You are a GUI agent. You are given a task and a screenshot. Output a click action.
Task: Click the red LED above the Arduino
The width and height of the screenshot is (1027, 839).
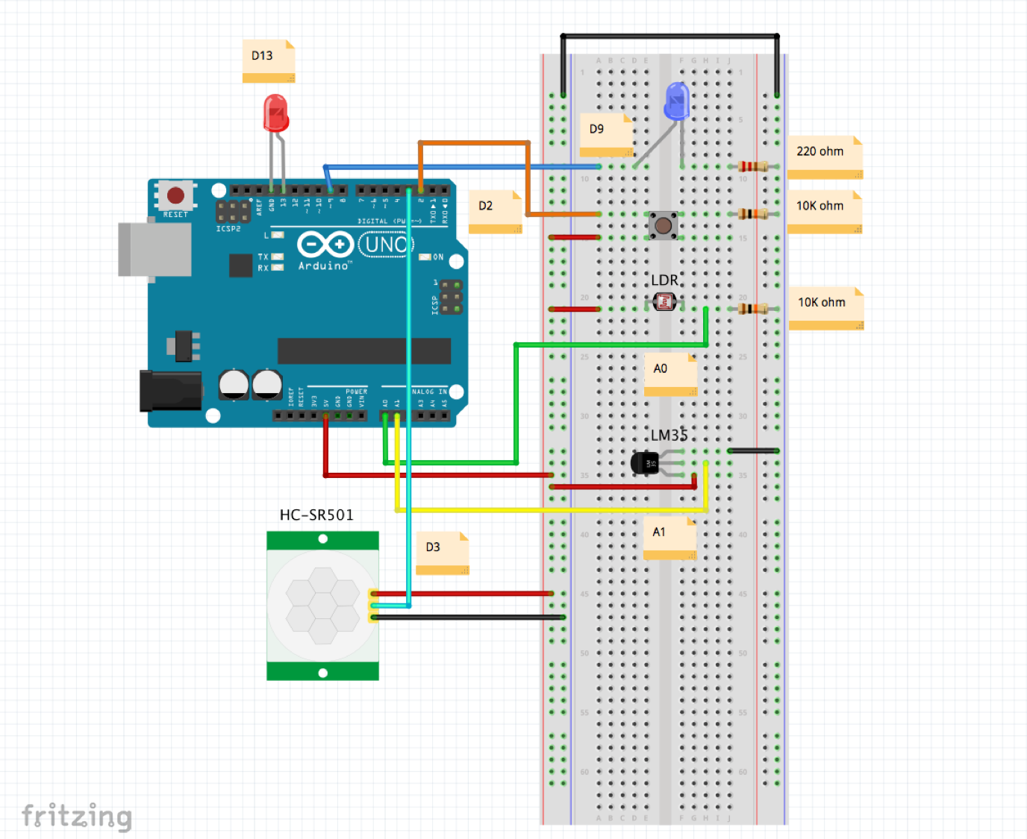(x=275, y=113)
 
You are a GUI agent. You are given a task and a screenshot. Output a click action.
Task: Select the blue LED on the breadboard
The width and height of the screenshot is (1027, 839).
(x=676, y=101)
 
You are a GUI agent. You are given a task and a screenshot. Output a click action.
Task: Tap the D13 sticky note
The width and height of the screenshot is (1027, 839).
(x=268, y=60)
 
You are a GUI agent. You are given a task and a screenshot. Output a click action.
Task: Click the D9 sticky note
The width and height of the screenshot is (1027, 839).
(x=605, y=133)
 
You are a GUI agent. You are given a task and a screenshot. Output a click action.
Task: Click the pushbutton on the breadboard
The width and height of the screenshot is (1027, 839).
(x=663, y=225)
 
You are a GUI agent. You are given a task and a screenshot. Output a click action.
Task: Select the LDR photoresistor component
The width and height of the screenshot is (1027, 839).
(x=664, y=302)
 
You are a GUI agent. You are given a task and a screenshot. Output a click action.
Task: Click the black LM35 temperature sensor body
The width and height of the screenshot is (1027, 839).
(x=644, y=463)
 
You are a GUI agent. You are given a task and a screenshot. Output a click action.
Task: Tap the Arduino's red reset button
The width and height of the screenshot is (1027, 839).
(x=175, y=195)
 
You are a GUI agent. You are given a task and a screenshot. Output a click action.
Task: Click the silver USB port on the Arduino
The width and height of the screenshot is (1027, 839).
(x=155, y=249)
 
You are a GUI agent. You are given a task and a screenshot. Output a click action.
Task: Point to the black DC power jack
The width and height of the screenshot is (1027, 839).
(x=170, y=391)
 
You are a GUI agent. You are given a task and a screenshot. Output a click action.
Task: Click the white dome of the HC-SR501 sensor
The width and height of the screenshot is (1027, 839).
(x=322, y=605)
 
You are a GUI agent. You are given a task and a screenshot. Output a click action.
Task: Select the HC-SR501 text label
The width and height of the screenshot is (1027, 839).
(x=316, y=515)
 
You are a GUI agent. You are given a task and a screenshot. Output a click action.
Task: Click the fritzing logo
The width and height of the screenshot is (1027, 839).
(x=77, y=816)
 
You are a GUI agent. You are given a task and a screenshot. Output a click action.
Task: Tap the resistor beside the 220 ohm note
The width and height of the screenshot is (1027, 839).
(x=752, y=166)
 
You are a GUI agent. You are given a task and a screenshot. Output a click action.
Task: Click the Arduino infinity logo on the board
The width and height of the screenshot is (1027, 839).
(x=325, y=244)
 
